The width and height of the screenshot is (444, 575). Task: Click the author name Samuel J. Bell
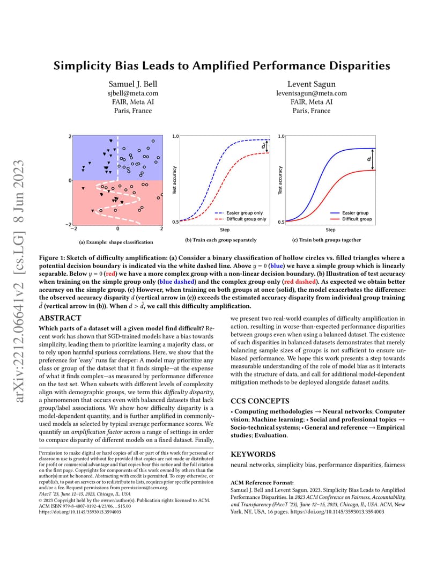click(133, 84)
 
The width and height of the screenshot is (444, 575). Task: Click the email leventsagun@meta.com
click(311, 93)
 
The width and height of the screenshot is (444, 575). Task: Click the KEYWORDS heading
click(253, 454)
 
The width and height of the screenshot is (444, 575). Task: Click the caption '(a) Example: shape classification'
click(113, 242)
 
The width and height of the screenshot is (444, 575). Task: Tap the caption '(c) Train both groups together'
click(326, 240)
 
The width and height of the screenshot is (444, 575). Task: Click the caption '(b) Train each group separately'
click(220, 240)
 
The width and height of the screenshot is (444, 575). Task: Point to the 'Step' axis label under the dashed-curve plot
click(225, 230)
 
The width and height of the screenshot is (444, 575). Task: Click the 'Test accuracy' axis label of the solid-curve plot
click(280, 180)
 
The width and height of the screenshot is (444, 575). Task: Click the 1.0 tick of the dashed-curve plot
click(175, 137)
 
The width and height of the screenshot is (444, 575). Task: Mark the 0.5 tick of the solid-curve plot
click(282, 222)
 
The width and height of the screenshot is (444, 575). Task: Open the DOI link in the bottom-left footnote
click(80, 512)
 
